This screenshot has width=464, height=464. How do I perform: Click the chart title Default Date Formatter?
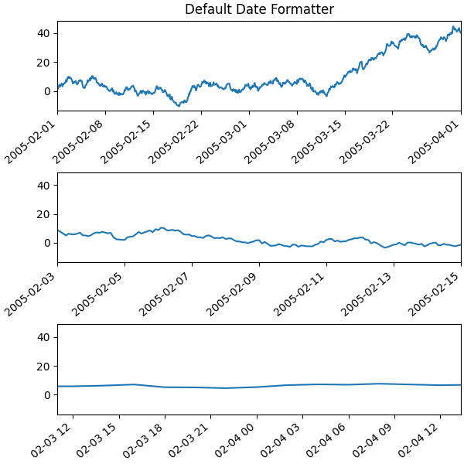coord(259,9)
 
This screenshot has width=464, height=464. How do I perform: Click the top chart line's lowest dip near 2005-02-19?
coord(179,104)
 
